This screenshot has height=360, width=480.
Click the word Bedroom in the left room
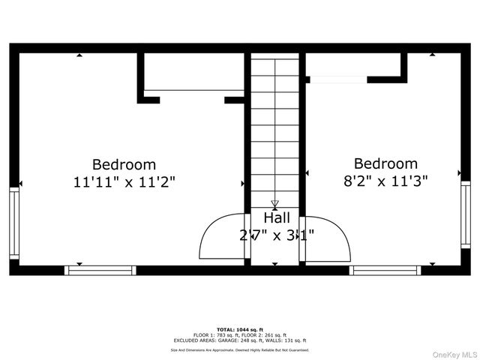click(x=124, y=164)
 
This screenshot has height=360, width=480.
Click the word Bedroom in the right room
click(x=385, y=163)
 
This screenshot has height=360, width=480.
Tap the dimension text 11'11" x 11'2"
click(x=124, y=181)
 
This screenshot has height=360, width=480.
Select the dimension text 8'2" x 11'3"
click(x=385, y=181)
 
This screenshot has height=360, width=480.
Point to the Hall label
click(x=277, y=218)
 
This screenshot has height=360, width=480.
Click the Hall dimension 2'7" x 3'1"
click(x=277, y=235)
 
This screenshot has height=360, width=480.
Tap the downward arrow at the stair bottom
click(x=274, y=204)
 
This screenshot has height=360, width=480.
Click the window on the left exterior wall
click(x=13, y=224)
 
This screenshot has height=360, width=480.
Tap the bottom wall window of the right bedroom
click(x=385, y=269)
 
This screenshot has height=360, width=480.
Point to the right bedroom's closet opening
click(x=337, y=77)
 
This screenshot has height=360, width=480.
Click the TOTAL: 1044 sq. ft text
click(x=239, y=329)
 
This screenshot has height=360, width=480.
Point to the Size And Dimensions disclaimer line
click(x=239, y=349)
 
